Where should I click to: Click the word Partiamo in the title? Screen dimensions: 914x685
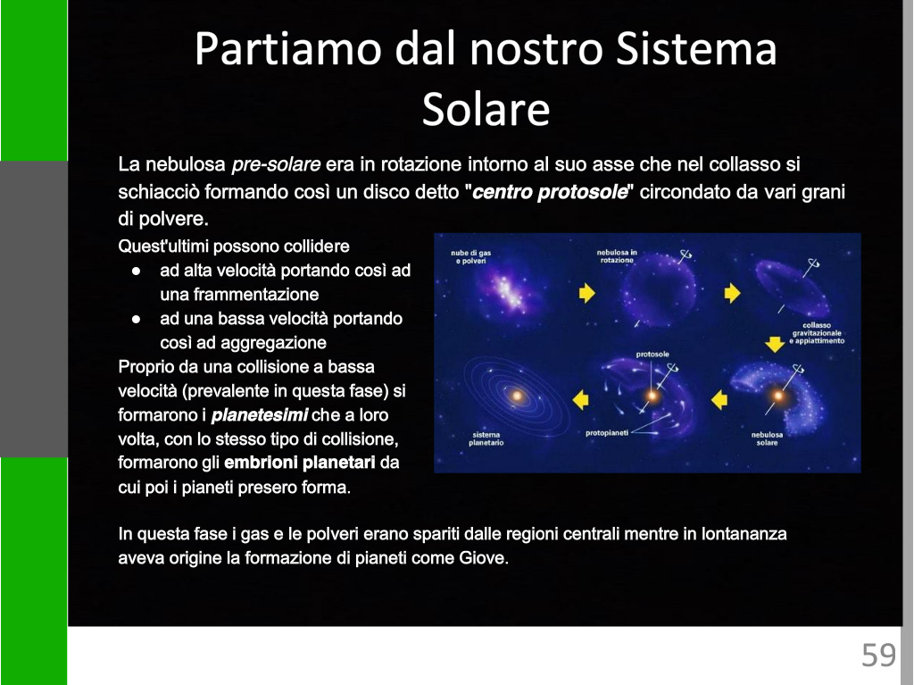[x=288, y=48]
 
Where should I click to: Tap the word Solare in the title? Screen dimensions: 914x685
[x=486, y=109]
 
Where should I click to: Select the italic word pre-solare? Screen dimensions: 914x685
[x=276, y=164]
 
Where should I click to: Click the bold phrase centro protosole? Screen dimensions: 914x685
[x=550, y=192]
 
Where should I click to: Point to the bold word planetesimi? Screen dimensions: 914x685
[x=260, y=415]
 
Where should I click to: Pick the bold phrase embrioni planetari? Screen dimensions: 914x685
[x=300, y=463]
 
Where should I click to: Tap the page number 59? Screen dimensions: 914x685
[x=878, y=655]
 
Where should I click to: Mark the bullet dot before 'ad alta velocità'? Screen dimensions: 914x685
[x=136, y=271]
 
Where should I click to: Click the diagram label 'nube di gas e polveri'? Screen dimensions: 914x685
[x=471, y=256]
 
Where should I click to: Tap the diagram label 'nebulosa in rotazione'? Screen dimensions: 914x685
[x=617, y=256]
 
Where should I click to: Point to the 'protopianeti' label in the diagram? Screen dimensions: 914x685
[x=607, y=433]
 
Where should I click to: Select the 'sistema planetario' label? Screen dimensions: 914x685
[x=486, y=439]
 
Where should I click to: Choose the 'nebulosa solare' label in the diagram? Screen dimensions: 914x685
[x=767, y=439]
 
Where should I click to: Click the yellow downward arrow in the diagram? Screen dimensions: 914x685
[x=775, y=344]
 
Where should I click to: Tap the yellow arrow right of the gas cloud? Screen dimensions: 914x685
[x=587, y=292]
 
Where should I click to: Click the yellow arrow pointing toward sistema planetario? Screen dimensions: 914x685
[x=580, y=400]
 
